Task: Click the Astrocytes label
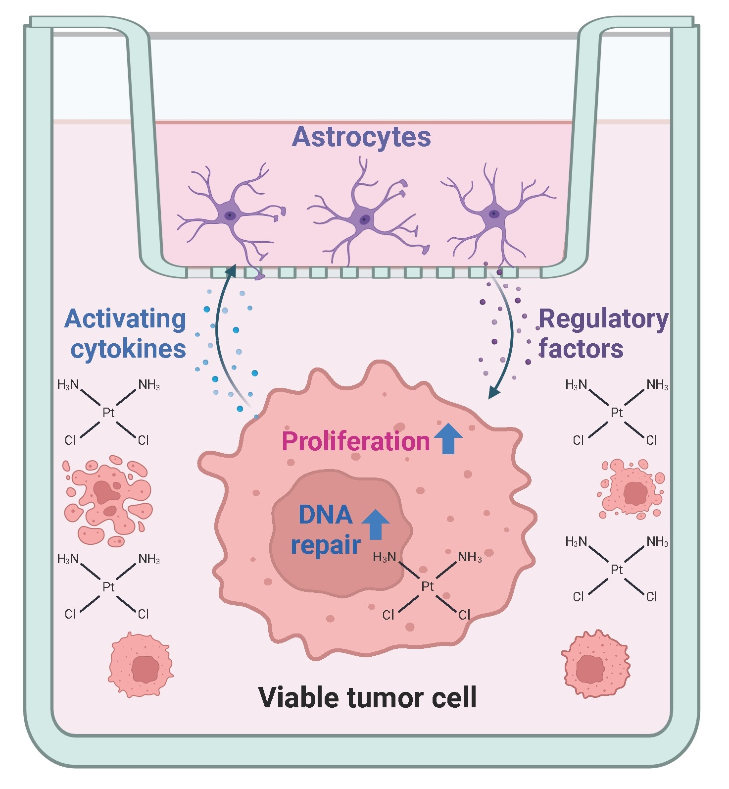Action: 361,137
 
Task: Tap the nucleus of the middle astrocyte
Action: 365,219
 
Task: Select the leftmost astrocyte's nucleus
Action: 230,215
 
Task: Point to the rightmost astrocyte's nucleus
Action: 493,214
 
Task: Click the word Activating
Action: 125,319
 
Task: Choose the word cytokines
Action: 128,349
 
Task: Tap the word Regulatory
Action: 603,319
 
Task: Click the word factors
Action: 581,349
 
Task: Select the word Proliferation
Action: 355,441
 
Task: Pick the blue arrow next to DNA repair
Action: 376,524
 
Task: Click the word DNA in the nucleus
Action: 325,515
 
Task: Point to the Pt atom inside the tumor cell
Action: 427,586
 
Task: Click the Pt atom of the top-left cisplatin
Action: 108,412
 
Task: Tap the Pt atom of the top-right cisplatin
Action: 617,412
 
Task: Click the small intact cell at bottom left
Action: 141,665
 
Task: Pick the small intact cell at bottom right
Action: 595,664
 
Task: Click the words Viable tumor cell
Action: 367,697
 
